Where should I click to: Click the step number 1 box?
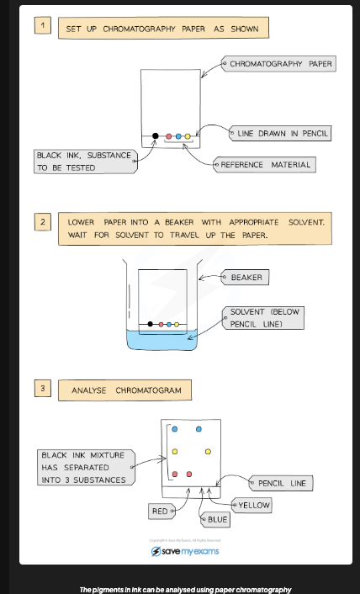click(43, 26)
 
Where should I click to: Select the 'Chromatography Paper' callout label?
click(278, 63)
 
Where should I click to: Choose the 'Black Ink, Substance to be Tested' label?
click(83, 161)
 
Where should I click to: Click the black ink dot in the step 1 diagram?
click(155, 135)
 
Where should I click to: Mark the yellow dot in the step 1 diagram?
click(188, 135)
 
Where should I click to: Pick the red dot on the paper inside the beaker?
click(160, 323)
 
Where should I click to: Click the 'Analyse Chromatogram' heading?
click(125, 390)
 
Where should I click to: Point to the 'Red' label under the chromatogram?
click(160, 510)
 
